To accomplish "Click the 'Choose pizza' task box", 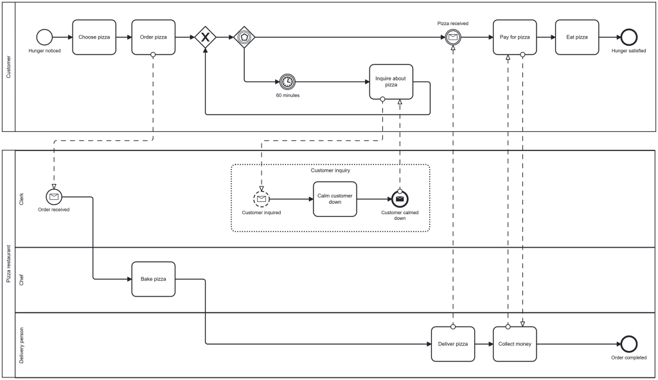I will (94, 37).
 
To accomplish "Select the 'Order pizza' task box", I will (153, 37).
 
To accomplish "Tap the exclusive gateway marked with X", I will (205, 37).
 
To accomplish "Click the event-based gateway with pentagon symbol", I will (244, 37).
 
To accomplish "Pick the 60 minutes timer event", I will (287, 82).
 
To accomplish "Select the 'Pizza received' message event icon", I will (453, 37).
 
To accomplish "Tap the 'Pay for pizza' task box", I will (515, 37).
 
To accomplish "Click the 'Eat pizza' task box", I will (576, 37).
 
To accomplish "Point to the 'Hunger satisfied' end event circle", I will (628, 37).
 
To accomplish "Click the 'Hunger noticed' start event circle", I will (44, 37).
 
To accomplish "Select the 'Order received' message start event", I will (54, 196).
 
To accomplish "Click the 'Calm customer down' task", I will (335, 199).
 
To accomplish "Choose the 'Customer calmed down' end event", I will (400, 199).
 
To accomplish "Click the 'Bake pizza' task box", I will (153, 279).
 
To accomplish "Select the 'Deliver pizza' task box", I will (452, 344).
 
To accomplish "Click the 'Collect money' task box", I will (515, 344).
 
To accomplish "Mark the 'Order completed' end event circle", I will (628, 344).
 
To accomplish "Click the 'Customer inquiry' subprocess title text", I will (330, 170).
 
